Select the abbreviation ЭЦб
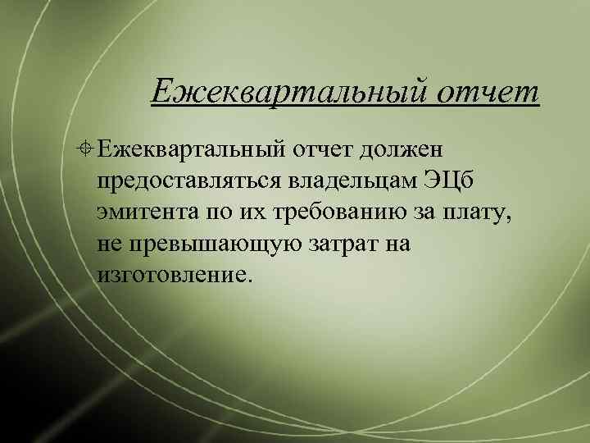(444, 181)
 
